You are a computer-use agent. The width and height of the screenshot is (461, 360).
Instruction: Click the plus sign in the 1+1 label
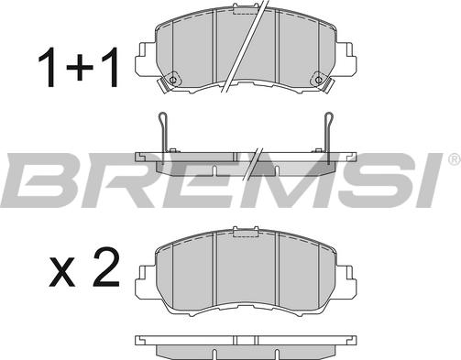(80, 68)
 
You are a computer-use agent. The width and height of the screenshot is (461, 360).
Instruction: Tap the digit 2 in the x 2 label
(106, 267)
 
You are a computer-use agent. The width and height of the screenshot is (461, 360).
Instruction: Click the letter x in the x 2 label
(62, 272)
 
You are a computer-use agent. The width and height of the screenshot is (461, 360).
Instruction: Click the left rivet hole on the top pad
(172, 81)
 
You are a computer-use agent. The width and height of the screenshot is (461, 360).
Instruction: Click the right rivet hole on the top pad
(318, 81)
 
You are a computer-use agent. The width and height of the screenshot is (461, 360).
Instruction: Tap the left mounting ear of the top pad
(145, 59)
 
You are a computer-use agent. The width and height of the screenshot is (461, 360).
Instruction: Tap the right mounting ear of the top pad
(346, 59)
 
